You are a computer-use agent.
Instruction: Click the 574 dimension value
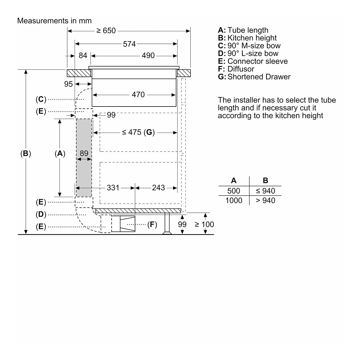(x=129, y=44)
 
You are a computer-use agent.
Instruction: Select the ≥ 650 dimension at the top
(x=106, y=31)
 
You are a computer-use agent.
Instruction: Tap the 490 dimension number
(x=148, y=55)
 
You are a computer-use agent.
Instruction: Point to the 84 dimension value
(x=83, y=55)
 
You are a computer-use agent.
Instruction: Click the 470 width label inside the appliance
(x=138, y=94)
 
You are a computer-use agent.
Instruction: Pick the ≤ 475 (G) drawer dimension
(x=138, y=132)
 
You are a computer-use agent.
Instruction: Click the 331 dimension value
(x=113, y=187)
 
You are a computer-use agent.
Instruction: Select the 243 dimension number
(x=158, y=187)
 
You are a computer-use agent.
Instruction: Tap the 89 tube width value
(x=84, y=153)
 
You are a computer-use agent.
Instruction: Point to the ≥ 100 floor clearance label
(x=204, y=224)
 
